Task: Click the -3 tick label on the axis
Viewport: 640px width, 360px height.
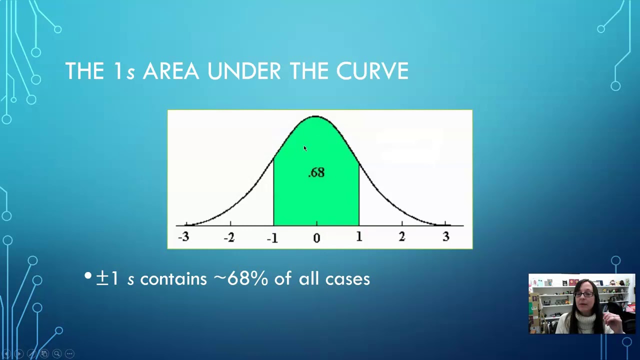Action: [183, 237]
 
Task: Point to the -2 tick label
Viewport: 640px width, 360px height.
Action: [229, 237]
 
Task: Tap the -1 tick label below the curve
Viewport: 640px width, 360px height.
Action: [272, 238]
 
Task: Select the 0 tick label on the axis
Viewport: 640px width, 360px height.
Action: [316, 238]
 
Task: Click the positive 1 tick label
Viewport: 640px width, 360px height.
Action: [359, 237]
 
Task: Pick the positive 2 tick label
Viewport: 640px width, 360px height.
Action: [401, 237]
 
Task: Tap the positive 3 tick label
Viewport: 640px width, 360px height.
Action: [445, 237]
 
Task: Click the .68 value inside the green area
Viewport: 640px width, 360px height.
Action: [316, 172]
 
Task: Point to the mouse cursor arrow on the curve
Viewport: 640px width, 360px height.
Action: [305, 148]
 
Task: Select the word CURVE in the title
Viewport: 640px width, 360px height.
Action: [372, 71]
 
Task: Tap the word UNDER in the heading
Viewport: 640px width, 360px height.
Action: [244, 71]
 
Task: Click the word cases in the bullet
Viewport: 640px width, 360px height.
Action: [347, 279]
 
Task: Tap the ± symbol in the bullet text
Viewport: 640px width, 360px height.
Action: [102, 278]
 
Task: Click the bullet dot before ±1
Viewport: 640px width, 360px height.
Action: [88, 275]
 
